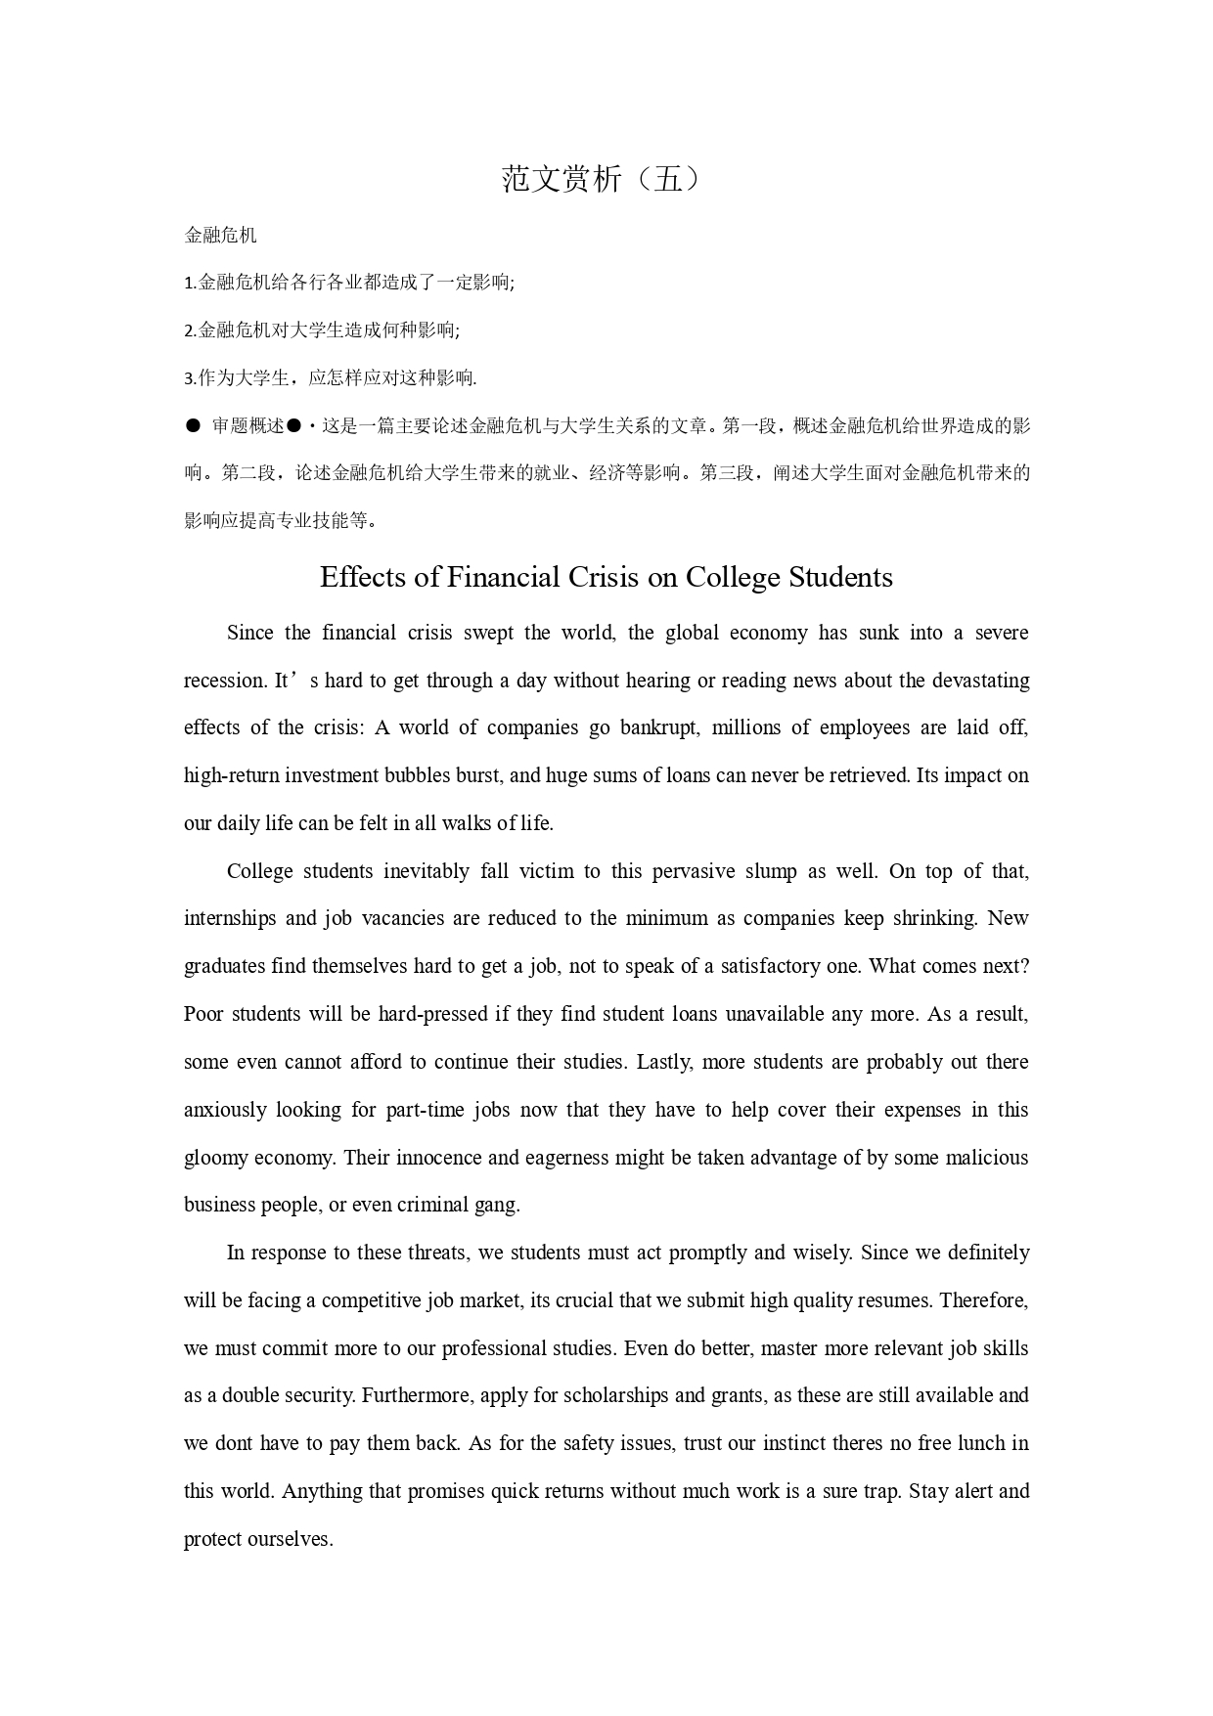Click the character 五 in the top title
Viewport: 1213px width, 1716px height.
coord(667,179)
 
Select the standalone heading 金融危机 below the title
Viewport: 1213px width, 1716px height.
coord(220,235)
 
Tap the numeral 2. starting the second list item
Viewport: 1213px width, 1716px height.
coord(190,330)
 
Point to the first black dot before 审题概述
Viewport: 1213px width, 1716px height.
coord(193,426)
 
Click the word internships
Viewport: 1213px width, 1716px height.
coord(230,919)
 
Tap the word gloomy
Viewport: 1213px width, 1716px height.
coord(215,1158)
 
